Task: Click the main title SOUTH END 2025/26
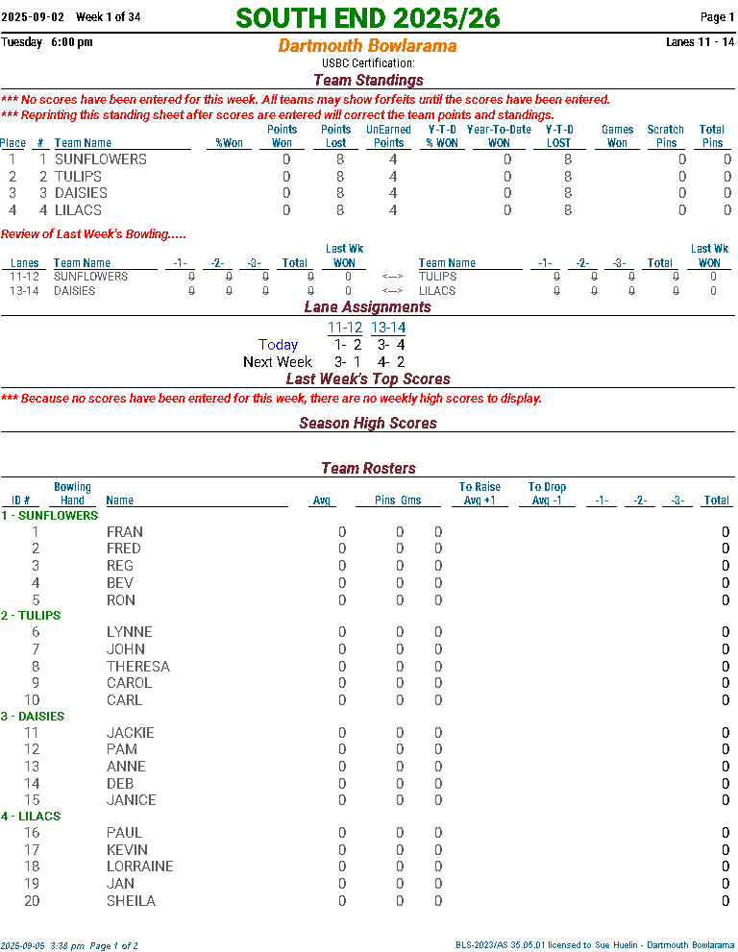(x=368, y=18)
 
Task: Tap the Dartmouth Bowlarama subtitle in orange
(x=368, y=46)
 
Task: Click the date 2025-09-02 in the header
(x=33, y=17)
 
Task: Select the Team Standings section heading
(x=368, y=81)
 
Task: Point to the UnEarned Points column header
(x=389, y=136)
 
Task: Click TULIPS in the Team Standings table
(x=78, y=177)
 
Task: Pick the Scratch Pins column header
(x=665, y=136)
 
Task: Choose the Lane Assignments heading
(x=368, y=307)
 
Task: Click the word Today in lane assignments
(x=279, y=345)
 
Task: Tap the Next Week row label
(x=278, y=362)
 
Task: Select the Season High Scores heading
(x=368, y=424)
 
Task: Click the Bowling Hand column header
(x=73, y=494)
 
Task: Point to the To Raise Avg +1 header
(x=480, y=494)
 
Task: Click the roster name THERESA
(x=138, y=667)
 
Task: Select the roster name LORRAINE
(x=140, y=867)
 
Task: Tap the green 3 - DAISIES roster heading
(x=33, y=717)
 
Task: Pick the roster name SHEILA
(x=131, y=901)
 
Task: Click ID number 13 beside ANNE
(x=32, y=767)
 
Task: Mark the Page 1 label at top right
(x=717, y=17)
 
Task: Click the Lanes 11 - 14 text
(x=700, y=42)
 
